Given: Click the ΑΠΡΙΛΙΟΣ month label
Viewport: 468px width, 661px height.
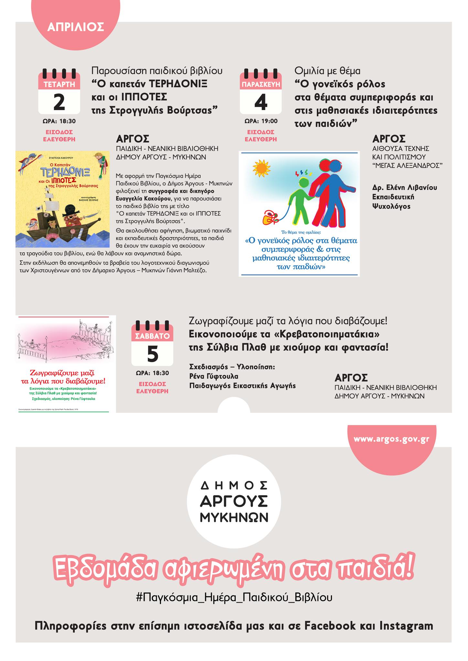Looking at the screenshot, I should pos(76,27).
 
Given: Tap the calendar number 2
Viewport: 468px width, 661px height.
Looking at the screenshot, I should pos(59,102).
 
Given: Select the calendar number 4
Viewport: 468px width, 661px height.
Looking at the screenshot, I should pos(261,102).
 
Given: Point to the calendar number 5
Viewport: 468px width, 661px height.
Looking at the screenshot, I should pos(152,354).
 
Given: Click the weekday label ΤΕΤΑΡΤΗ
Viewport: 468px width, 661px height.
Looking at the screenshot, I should pos(59,85).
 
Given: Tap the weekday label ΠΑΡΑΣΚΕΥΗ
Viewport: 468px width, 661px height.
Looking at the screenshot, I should pos(261,85).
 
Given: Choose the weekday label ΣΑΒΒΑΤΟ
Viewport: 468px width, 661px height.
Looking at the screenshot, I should pos(152,336).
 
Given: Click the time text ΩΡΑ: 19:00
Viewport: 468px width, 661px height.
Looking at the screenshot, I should pos(261,121).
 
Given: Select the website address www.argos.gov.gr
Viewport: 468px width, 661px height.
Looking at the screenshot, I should pos(391,439).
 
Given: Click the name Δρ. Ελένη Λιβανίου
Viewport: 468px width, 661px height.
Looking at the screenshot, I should pos(405,188).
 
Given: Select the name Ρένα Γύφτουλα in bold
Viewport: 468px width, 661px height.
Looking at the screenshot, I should pos(214,376).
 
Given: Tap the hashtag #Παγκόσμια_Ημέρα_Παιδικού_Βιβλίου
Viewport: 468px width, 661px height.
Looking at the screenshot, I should pos(234,597).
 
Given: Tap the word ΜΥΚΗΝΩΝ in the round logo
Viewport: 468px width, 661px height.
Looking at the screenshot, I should pos(234,518).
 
